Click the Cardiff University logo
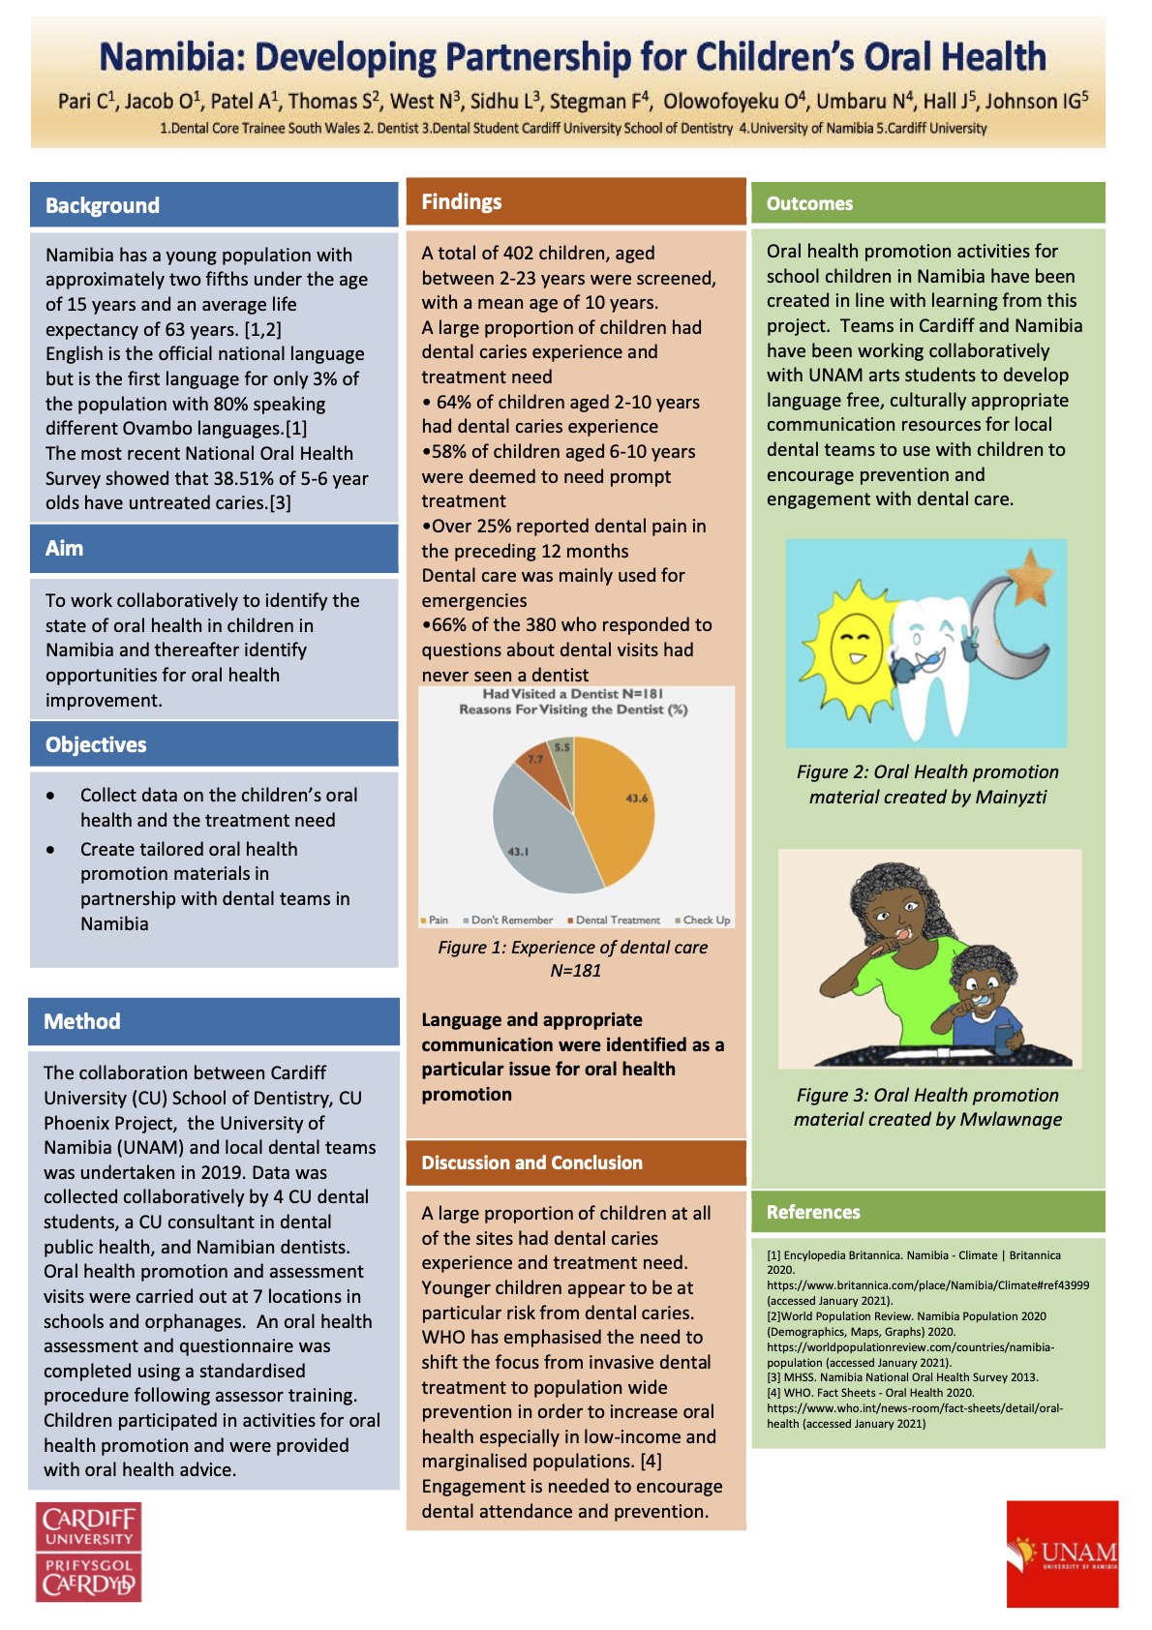pyautogui.click(x=89, y=1551)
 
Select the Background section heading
pyautogui.click(x=103, y=205)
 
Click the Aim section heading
pyautogui.click(x=65, y=548)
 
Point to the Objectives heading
pyautogui.click(x=96, y=744)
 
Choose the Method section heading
pyautogui.click(x=82, y=1021)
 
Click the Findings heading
pyautogui.click(x=462, y=201)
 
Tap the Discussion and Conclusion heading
pyautogui.click(x=531, y=1162)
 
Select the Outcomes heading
pyautogui.click(x=809, y=203)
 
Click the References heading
pyautogui.click(x=813, y=1212)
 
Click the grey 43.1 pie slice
pyautogui.click(x=532, y=842)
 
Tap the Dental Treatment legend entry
pyautogui.click(x=614, y=921)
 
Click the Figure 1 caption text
pyautogui.click(x=573, y=958)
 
